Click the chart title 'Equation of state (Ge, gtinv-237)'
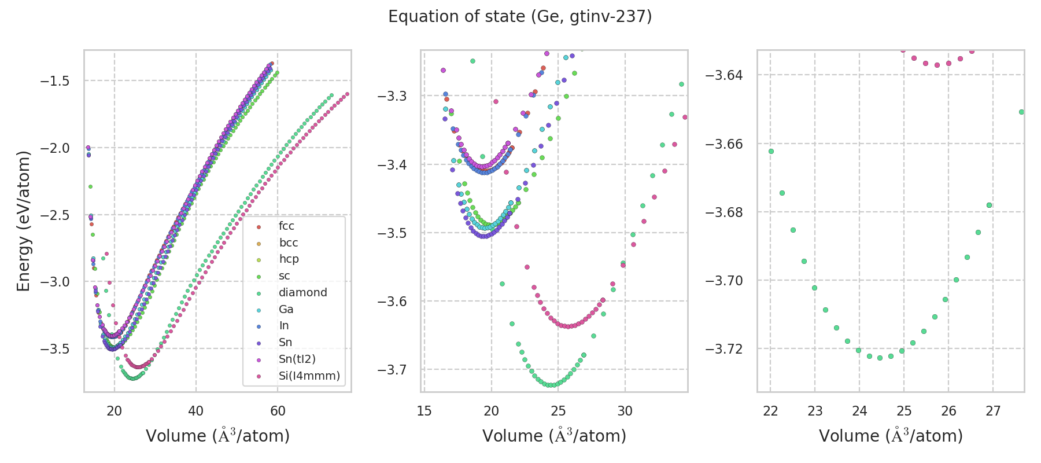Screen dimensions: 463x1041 (520, 17)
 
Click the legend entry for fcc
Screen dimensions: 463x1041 (286, 226)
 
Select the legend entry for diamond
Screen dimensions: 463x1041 (302, 293)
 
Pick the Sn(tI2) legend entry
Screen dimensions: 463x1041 (297, 359)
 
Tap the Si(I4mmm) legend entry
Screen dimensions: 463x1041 (309, 376)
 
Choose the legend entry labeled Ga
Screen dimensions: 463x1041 (286, 310)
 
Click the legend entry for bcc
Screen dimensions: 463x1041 (288, 243)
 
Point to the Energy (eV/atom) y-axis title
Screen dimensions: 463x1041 (23, 221)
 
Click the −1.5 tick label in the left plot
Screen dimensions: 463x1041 (55, 81)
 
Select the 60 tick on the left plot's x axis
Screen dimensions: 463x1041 (278, 411)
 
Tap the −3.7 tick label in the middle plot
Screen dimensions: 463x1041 (392, 369)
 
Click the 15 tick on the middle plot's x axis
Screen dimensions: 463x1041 (424, 411)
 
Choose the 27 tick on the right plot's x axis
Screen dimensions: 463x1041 (993, 411)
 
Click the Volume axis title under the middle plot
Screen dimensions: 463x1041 (554, 436)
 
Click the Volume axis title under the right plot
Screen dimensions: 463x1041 (891, 436)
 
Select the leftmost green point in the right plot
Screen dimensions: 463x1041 (771, 152)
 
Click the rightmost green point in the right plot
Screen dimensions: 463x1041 (1021, 112)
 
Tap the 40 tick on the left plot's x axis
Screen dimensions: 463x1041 (196, 411)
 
